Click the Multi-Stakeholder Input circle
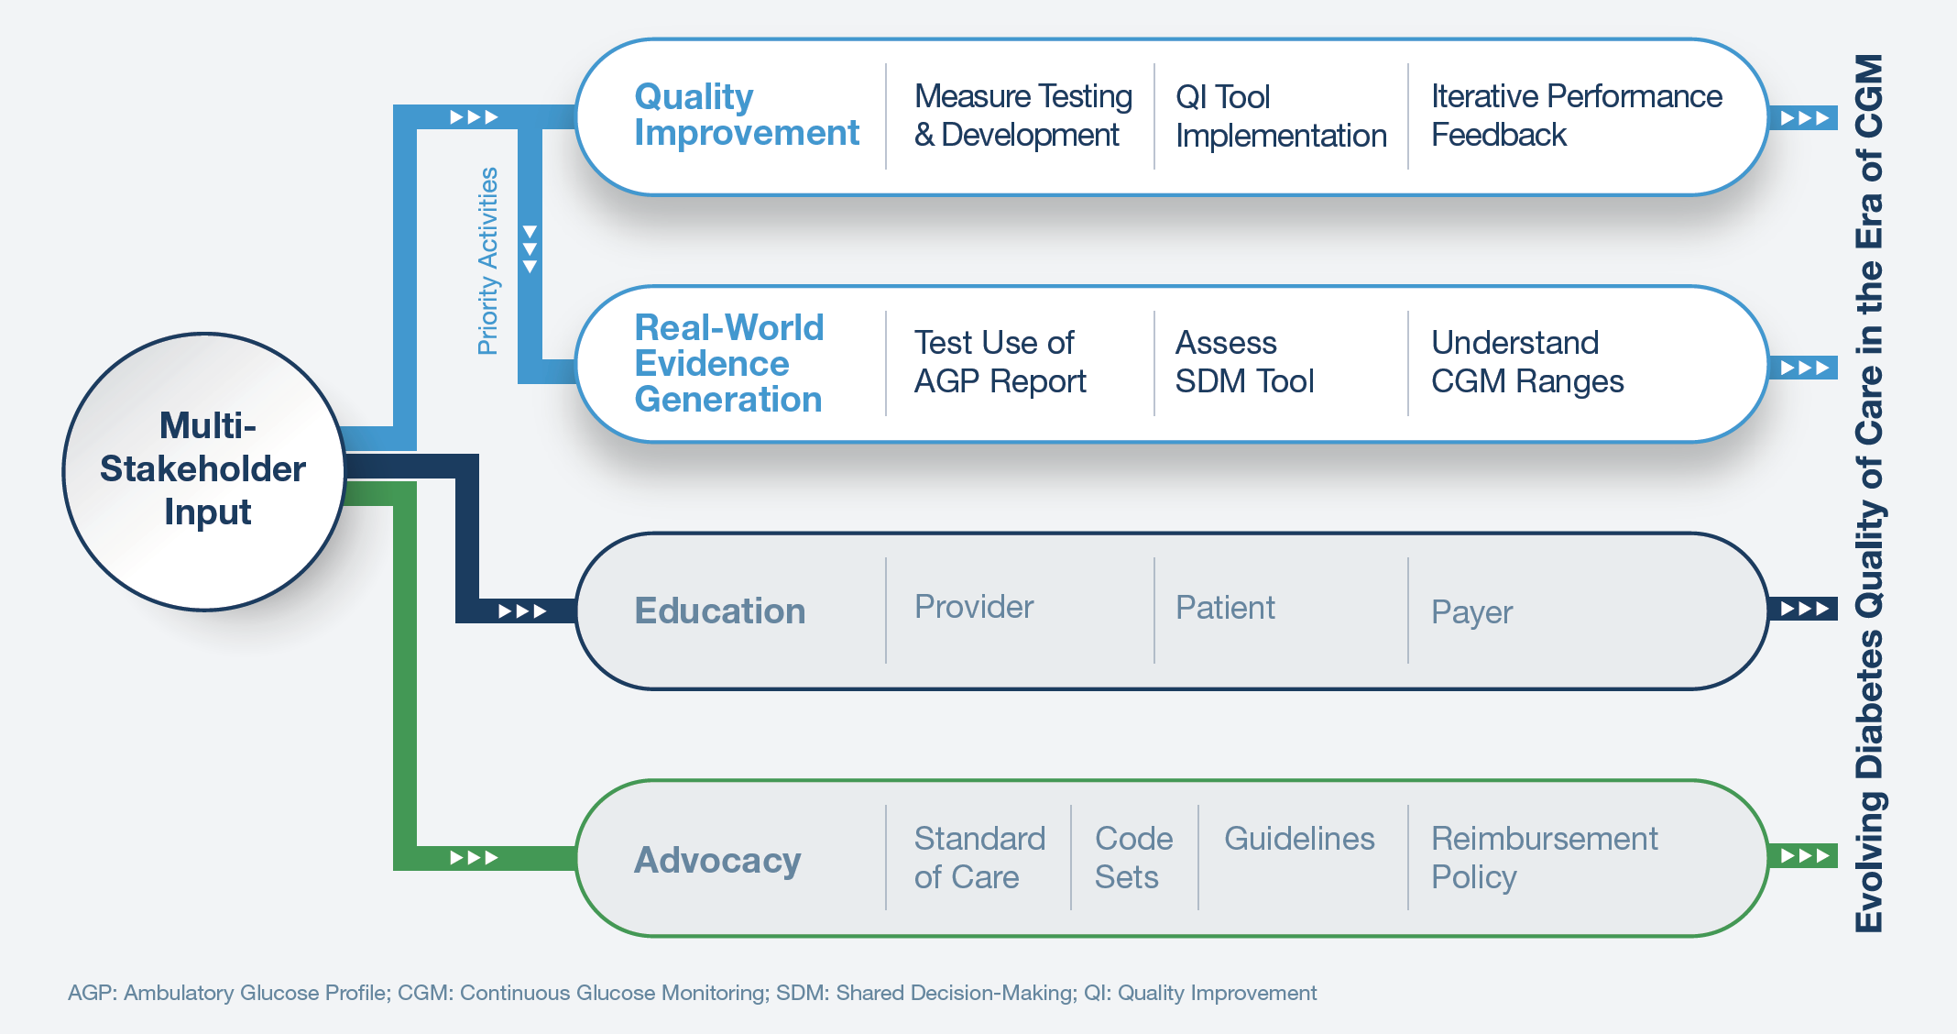(203, 470)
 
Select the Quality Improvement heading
(746, 115)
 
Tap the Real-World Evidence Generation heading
(729, 363)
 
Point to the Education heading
(720, 611)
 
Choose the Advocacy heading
(717, 860)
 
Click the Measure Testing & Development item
(1022, 115)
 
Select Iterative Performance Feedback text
(1576, 115)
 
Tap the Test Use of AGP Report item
(1000, 362)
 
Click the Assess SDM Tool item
(1244, 362)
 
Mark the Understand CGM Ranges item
(1527, 362)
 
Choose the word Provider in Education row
(974, 607)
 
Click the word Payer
(1471, 612)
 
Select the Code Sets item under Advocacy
(1133, 858)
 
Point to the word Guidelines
(1299, 839)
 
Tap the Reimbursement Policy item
(1544, 858)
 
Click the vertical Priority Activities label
(488, 261)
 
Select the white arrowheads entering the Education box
(522, 611)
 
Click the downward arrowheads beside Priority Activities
(530, 249)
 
